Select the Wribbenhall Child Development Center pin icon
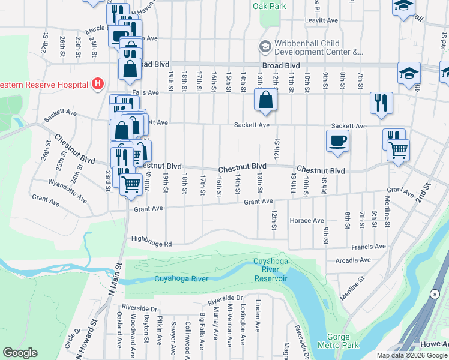[x=265, y=47]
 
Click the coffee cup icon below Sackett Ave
[x=337, y=141]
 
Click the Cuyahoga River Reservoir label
[x=270, y=269]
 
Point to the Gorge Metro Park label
[x=342, y=341]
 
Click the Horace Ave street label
[x=307, y=220]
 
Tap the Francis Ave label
[x=372, y=246]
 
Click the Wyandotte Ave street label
[x=68, y=190]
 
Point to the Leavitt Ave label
[x=321, y=20]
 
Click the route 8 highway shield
[x=433, y=294]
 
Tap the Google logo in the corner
[x=20, y=352]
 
